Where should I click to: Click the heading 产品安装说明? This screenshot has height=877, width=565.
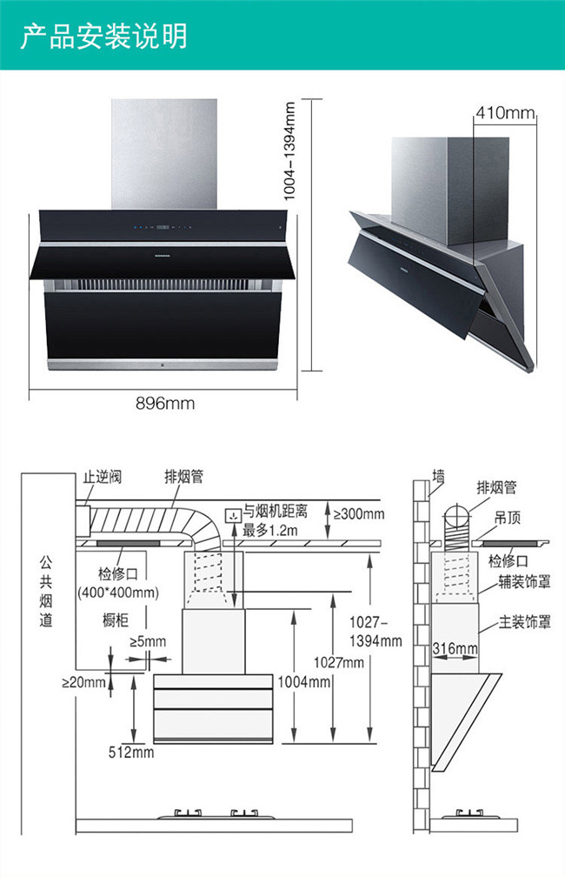(x=103, y=36)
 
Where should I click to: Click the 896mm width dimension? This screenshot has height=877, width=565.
(x=164, y=403)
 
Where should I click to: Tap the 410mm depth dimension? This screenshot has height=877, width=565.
(x=506, y=113)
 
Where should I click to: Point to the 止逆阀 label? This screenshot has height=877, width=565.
(x=102, y=477)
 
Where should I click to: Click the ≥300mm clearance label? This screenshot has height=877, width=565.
(x=358, y=513)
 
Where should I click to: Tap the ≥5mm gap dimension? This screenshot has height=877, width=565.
(x=148, y=641)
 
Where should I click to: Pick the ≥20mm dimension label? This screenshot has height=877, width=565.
(x=83, y=682)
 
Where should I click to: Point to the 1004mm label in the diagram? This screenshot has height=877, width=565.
(x=302, y=682)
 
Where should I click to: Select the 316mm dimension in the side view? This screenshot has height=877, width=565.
(x=455, y=648)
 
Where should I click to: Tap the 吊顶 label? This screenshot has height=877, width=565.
(x=508, y=517)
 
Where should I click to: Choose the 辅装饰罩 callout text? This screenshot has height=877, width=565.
(x=524, y=580)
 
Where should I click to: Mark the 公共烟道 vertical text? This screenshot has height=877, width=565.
(x=46, y=591)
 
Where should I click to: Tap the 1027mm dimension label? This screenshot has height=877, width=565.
(x=341, y=662)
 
